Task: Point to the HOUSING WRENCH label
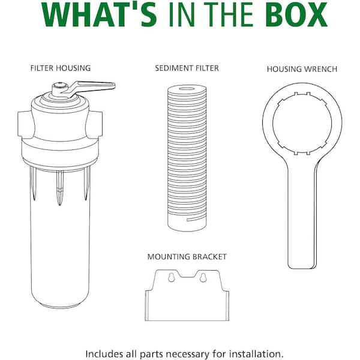coord(302,69)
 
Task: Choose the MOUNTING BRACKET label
coord(187,257)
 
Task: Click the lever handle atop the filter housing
coord(96,85)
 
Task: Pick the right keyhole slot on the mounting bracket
coord(202,278)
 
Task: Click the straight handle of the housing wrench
coord(301,222)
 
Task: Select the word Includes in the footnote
coord(104,353)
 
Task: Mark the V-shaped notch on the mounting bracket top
coord(187,275)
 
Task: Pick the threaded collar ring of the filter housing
coord(59,150)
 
